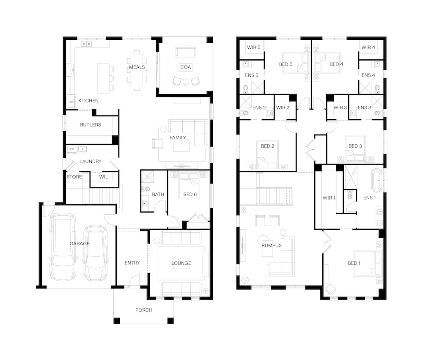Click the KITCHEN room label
coord(88,101)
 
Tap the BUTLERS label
coord(91,125)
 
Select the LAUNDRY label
coord(91,161)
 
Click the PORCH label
coord(144,310)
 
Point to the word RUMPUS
coord(272,245)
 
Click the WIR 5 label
coord(253,47)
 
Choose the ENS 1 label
coord(370,198)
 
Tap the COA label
coord(186,67)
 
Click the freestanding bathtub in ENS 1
coord(377,180)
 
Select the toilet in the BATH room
coord(146,189)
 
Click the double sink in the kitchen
coord(87,44)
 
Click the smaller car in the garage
coord(95,253)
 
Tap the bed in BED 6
coord(189,186)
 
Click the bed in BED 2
coord(268,155)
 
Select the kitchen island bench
coord(103,78)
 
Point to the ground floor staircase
coord(100,196)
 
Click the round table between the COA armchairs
coord(186,82)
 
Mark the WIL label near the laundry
coord(104,177)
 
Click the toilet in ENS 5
coord(245,88)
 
